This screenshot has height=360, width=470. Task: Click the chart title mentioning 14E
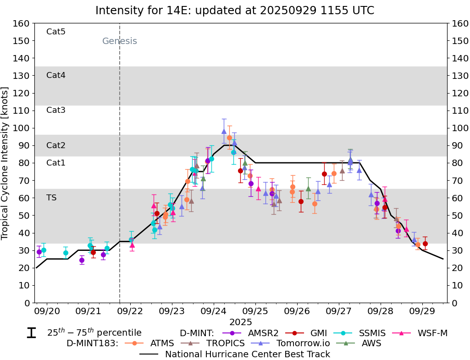[235, 10]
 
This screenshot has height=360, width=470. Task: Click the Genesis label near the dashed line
[119, 41]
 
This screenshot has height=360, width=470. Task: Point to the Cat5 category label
[56, 32]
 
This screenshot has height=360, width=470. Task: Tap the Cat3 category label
[56, 110]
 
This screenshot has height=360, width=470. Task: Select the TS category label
[51, 198]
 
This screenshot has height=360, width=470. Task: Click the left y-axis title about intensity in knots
[6, 163]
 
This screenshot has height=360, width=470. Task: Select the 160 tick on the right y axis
[459, 23]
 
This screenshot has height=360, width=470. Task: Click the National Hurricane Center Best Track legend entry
[248, 354]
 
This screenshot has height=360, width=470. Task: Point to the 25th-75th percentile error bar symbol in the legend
[31, 333]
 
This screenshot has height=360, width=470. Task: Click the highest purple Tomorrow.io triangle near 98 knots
[224, 131]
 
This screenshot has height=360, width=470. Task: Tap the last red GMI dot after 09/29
[425, 244]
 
